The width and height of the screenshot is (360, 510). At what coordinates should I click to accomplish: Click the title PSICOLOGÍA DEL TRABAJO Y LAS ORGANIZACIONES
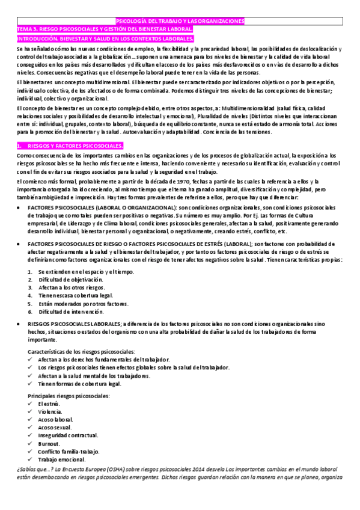(x=180, y=21)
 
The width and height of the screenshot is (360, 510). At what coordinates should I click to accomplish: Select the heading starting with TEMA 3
(x=105, y=29)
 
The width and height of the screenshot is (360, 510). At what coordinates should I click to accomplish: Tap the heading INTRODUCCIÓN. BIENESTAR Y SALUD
(x=105, y=38)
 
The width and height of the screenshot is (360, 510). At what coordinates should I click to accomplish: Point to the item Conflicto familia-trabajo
(x=68, y=451)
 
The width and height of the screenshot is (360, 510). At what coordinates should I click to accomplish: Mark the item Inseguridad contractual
(x=67, y=435)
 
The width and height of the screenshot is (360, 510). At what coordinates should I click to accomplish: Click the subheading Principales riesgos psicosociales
(x=69, y=396)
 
